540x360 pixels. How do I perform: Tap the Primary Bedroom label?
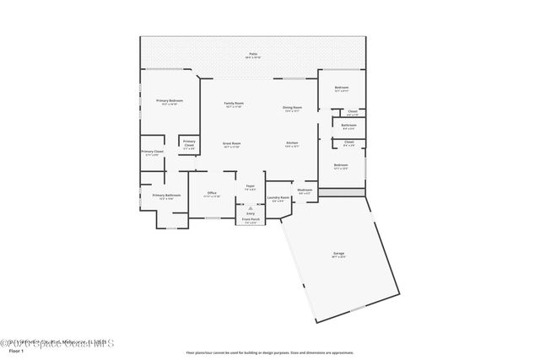170,100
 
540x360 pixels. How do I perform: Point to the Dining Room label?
292,107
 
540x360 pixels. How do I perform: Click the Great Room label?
232,143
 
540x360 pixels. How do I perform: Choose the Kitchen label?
292,143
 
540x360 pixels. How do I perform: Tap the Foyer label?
251,185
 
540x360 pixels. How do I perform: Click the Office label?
213,193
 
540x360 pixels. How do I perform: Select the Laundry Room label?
279,198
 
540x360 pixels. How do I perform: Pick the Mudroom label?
305,190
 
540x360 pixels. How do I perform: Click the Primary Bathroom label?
167,196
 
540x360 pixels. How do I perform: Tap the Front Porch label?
251,221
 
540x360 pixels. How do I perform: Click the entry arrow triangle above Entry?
251,207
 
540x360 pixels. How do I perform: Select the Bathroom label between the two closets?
348,126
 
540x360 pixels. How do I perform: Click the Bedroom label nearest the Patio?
341,88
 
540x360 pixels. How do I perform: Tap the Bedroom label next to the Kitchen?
340,164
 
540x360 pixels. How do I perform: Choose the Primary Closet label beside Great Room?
189,143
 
